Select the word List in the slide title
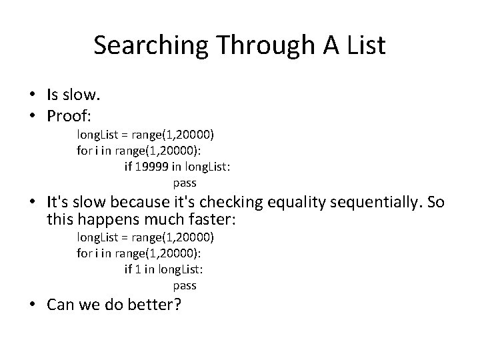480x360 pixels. click(x=365, y=45)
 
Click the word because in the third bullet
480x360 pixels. click(x=138, y=202)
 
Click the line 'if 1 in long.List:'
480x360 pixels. click(x=163, y=269)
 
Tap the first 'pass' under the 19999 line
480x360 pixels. click(x=185, y=182)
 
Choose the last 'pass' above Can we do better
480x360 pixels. click(x=185, y=285)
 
